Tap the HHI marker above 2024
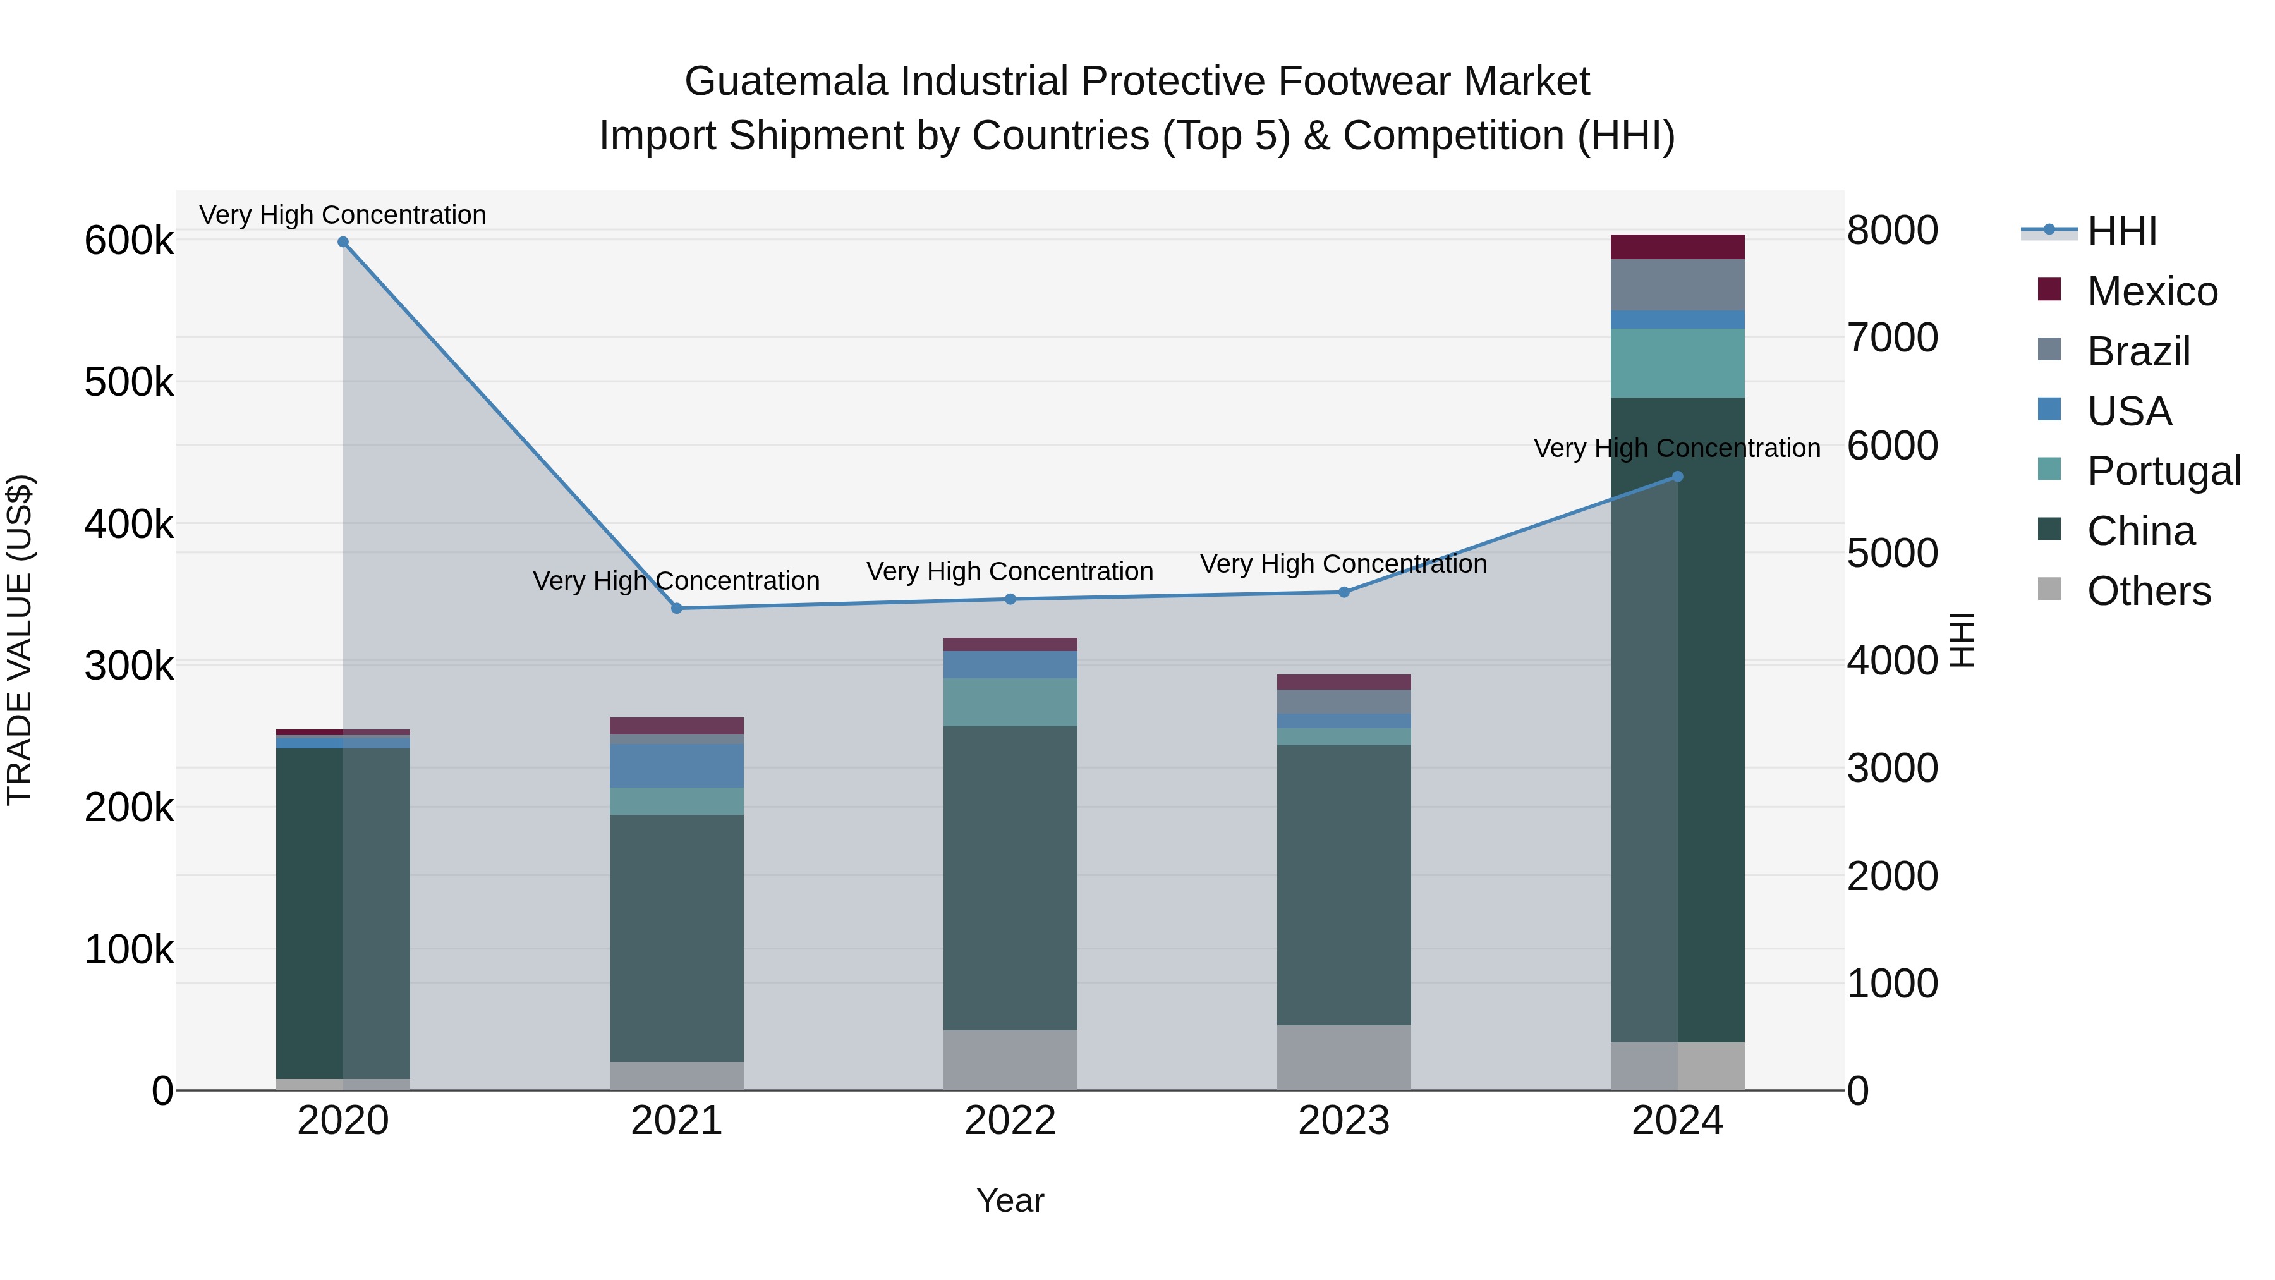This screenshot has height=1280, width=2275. click(x=1677, y=477)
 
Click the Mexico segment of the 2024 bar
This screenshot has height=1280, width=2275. click(x=1677, y=247)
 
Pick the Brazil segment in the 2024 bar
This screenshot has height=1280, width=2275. click(x=1677, y=284)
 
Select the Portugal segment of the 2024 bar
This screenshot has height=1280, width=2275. click(x=1677, y=363)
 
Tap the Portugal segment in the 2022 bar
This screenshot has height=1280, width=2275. click(x=1010, y=702)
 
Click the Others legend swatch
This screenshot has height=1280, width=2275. click(x=2049, y=588)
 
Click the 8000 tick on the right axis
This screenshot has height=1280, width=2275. click(x=1891, y=231)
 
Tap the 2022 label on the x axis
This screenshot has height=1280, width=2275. click(x=1010, y=1121)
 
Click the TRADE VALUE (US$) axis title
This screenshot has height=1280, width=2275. click(x=20, y=640)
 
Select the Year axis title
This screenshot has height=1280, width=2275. click(x=1010, y=1200)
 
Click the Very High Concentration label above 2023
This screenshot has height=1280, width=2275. click(x=1344, y=564)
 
